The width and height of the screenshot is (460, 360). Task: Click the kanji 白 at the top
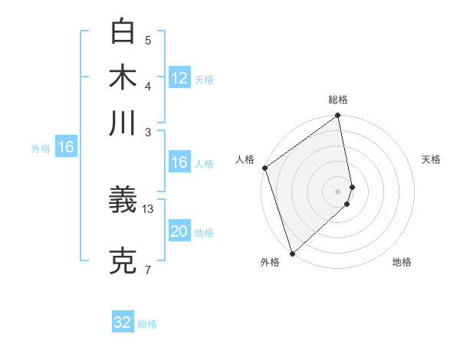click(123, 31)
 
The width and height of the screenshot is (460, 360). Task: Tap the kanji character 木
click(123, 77)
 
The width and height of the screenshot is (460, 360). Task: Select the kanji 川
click(123, 123)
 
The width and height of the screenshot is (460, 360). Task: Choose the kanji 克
click(123, 260)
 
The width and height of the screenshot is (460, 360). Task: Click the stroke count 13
click(148, 208)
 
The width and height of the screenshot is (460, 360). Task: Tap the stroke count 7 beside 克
click(148, 270)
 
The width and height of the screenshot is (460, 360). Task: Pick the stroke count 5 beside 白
click(148, 40)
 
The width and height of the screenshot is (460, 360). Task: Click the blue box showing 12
click(179, 77)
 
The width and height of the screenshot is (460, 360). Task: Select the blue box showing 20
click(179, 231)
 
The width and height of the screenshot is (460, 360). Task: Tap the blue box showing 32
click(123, 322)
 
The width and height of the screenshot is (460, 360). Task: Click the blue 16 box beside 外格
click(66, 147)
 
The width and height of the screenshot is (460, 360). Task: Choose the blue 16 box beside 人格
click(179, 162)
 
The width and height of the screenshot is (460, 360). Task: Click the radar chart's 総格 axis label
click(338, 100)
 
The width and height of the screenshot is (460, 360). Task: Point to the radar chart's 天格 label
click(431, 159)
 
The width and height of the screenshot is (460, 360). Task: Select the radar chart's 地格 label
click(402, 263)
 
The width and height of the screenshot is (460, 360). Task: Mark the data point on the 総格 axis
click(338, 116)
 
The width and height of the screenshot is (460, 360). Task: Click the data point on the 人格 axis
click(264, 168)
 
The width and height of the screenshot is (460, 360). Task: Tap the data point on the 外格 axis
click(292, 253)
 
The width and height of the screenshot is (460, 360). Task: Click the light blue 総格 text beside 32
click(147, 324)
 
